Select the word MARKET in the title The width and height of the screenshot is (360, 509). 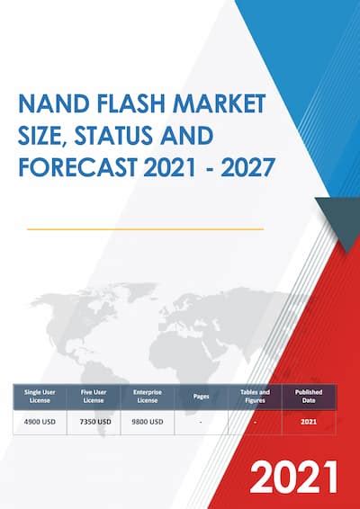(220, 104)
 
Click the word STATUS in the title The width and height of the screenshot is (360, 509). (113, 136)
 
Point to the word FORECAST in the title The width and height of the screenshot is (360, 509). (77, 167)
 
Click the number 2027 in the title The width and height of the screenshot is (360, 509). (248, 167)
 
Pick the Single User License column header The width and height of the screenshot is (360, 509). (40, 397)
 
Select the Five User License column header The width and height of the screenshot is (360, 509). (94, 397)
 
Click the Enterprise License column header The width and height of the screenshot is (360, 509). (148, 397)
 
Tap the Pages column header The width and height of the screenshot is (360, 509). (201, 397)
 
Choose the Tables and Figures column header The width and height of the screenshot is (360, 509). (255, 397)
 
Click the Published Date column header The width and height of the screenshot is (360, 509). (309, 397)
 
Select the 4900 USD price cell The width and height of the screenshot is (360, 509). (40, 422)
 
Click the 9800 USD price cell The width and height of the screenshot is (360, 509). (148, 422)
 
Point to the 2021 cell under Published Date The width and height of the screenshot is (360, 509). (309, 422)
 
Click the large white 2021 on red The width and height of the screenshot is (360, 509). (293, 477)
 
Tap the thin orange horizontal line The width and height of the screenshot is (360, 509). (145, 229)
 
